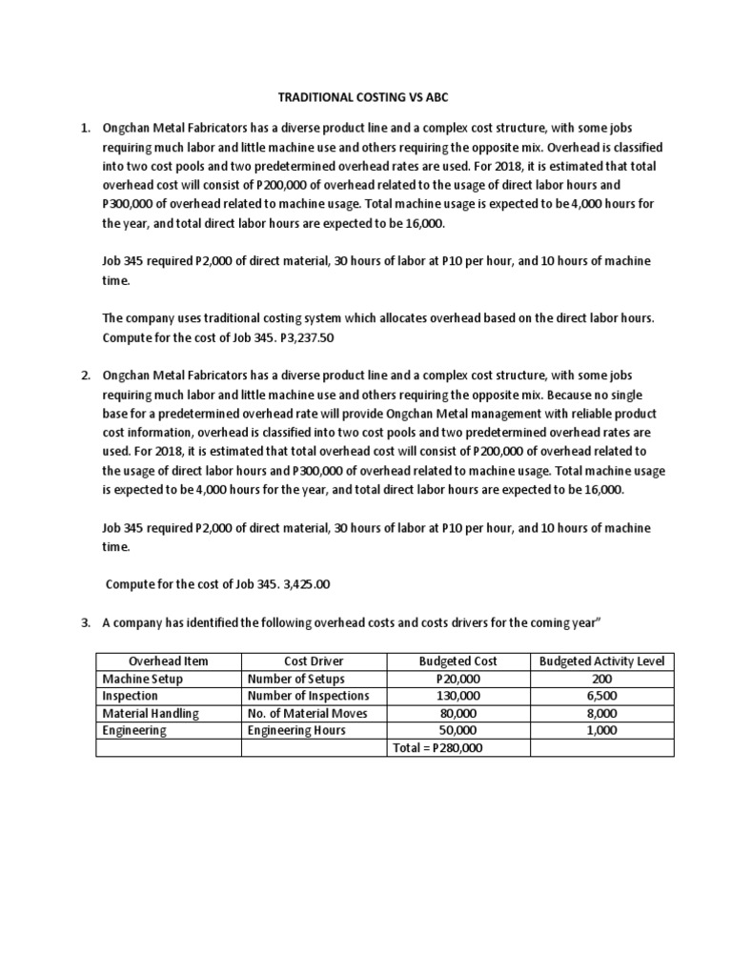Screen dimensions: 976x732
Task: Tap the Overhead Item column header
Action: pyautogui.click(x=169, y=661)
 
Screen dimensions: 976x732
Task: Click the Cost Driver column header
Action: pyautogui.click(x=314, y=661)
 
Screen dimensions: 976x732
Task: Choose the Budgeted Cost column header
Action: pyautogui.click(x=457, y=661)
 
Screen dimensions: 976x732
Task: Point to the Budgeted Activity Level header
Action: pyautogui.click(x=601, y=661)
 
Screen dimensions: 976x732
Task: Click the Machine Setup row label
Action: pyautogui.click(x=142, y=679)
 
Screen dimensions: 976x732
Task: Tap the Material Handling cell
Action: pyautogui.click(x=151, y=713)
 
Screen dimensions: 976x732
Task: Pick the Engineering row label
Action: pyautogui.click(x=134, y=730)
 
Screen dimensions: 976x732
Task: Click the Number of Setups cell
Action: pyautogui.click(x=295, y=679)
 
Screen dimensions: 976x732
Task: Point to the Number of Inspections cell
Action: pyautogui.click(x=307, y=696)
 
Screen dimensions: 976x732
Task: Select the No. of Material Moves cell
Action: pyautogui.click(x=307, y=713)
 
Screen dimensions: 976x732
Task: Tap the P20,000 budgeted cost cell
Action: pyautogui.click(x=457, y=679)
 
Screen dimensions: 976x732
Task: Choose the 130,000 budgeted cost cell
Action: pyautogui.click(x=457, y=696)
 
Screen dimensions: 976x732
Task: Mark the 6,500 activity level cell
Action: pyautogui.click(x=601, y=696)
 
